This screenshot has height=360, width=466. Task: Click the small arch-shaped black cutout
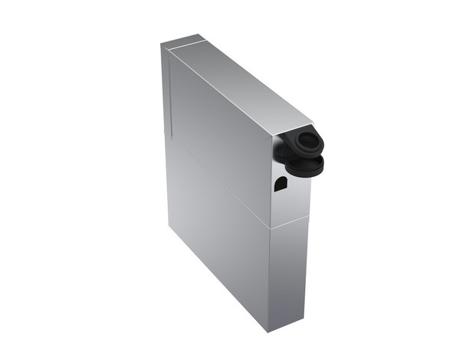[x=281, y=183]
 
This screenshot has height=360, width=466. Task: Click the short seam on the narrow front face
[x=290, y=223]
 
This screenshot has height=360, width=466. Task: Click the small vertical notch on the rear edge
[x=166, y=135]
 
